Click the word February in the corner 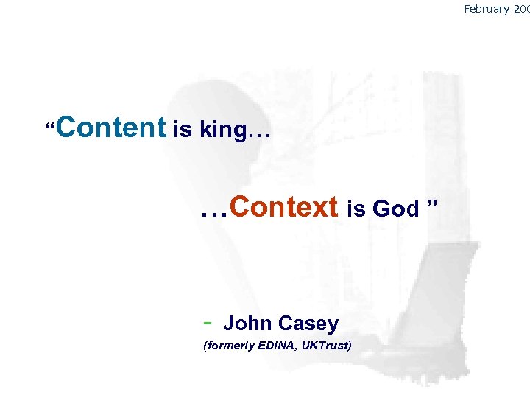488,9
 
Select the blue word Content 111,127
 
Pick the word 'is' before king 181,130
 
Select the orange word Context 283,207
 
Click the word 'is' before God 356,210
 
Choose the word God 395,210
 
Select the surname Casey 310,324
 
